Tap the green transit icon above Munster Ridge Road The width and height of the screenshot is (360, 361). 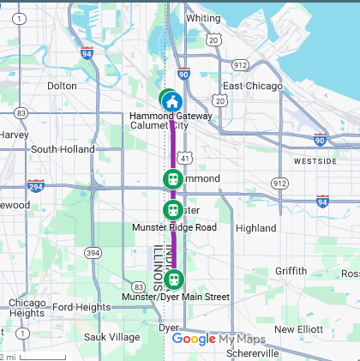click(173, 210)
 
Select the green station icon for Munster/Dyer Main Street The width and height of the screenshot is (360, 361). click(174, 279)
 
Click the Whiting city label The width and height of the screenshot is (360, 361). click(203, 18)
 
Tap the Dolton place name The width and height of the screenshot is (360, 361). click(62, 86)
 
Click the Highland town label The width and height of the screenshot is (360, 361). click(255, 228)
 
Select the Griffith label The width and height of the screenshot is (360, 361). click(291, 271)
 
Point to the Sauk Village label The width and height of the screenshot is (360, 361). click(111, 337)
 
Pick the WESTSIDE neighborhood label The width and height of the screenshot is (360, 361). click(315, 161)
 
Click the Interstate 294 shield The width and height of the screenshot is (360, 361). click(36, 186)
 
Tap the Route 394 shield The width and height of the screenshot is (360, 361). click(93, 252)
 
